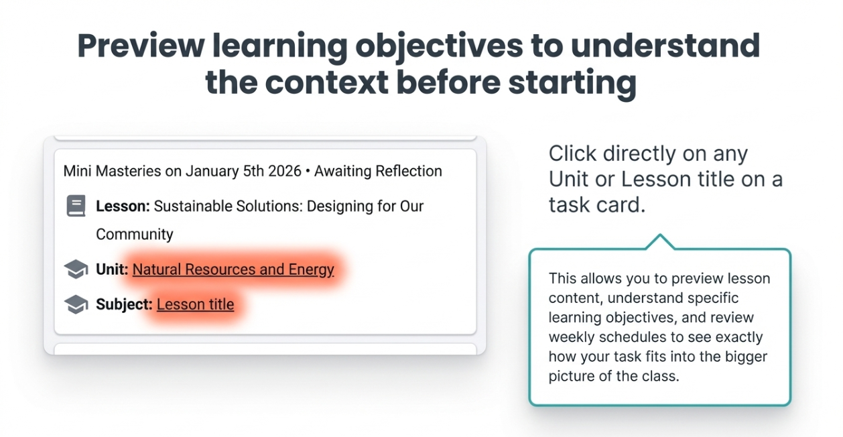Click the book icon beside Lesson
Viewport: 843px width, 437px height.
click(x=76, y=206)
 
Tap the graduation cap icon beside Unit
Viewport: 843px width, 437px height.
click(x=76, y=269)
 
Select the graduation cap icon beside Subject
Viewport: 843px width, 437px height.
click(x=76, y=304)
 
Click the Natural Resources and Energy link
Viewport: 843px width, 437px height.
click(x=233, y=269)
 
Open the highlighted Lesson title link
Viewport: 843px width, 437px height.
click(x=195, y=304)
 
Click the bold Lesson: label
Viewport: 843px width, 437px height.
click(x=123, y=206)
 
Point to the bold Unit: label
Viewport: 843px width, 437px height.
click(x=112, y=269)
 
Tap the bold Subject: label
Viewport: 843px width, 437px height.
click(x=124, y=304)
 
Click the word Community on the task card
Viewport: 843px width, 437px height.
click(x=135, y=235)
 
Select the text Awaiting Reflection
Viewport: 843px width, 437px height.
click(x=378, y=172)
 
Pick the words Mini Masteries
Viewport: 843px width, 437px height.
click(x=112, y=172)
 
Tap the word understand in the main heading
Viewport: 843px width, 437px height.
click(x=665, y=46)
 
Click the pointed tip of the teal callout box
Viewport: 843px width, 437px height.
click(x=660, y=235)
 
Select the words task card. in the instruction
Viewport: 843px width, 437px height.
click(x=597, y=205)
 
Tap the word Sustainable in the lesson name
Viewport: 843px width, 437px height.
click(x=193, y=206)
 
